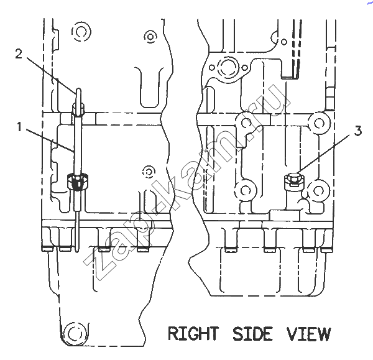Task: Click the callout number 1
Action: pos(19,127)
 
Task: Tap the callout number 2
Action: pos(19,53)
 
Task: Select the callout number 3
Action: pos(358,131)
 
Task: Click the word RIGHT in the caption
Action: pos(193,334)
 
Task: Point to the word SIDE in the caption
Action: pos(252,334)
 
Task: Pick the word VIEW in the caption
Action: pos(308,334)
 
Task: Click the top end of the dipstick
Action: pos(78,90)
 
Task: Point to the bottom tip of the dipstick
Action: pos(77,251)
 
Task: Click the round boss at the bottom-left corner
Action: pos(75,333)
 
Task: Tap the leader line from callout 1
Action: pos(50,140)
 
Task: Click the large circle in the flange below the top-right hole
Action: pos(228,67)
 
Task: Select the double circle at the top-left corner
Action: pos(81,32)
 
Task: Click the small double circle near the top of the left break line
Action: pos(150,37)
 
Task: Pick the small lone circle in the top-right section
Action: pos(284,42)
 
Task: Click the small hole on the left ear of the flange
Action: pos(212,68)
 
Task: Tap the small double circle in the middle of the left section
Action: pos(149,172)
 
